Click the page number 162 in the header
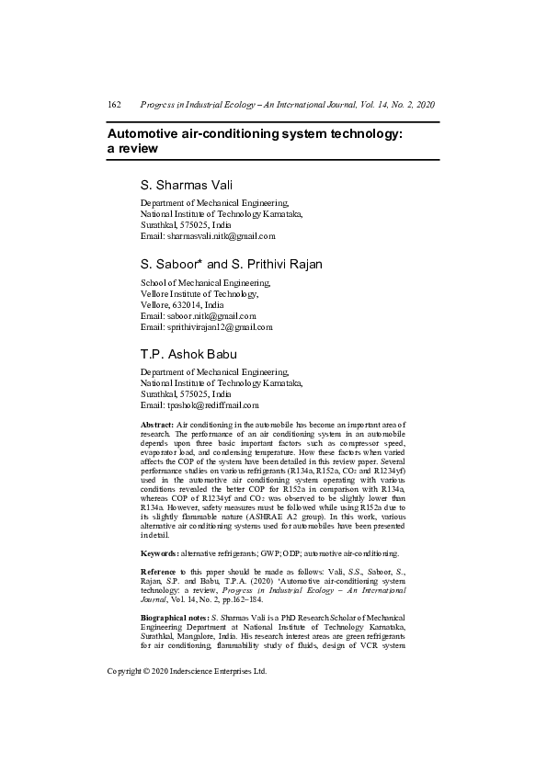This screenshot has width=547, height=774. point(115,106)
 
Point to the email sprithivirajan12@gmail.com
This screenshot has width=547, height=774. point(207,326)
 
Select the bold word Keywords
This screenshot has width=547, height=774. point(160,554)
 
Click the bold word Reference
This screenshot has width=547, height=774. point(162,572)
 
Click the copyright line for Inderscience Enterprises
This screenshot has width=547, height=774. point(188,672)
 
